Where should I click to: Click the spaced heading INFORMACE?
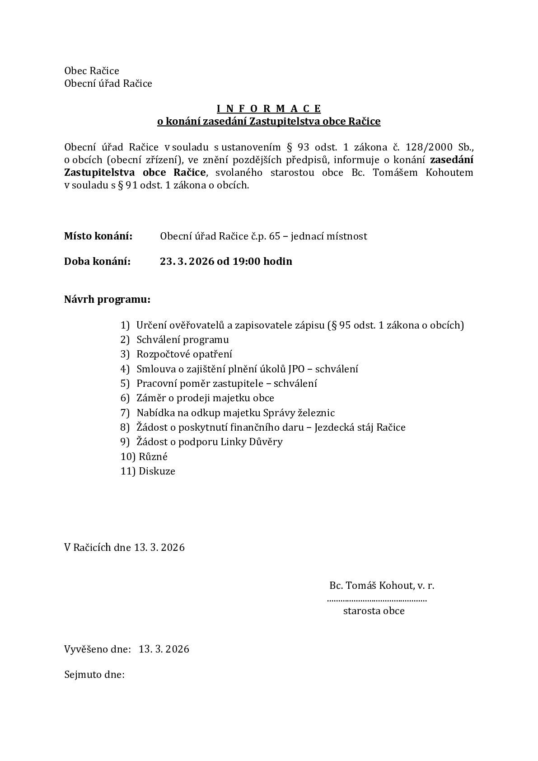coord(269,108)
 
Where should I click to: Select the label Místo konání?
coord(98,236)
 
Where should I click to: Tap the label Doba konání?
coord(97,261)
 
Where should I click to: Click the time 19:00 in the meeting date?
coord(247,261)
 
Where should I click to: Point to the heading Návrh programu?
coord(107,299)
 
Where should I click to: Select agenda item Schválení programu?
coord(182,339)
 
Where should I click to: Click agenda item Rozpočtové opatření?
coord(184,354)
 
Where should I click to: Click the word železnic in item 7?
coord(316,413)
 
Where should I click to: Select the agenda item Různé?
coord(153,456)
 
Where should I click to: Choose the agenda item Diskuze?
coord(157,471)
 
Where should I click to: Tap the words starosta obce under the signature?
coord(374,611)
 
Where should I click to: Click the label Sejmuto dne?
coord(94,675)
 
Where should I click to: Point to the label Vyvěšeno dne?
coord(98,649)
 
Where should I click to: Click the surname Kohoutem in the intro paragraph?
coord(449,172)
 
